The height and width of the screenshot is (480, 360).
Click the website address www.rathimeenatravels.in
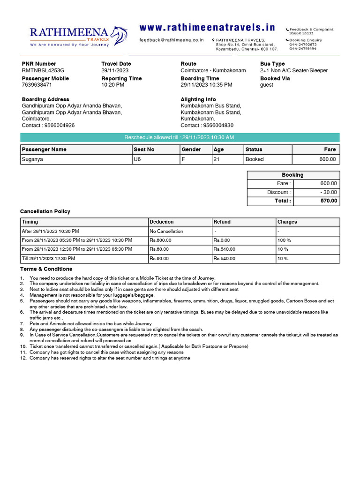[207, 28]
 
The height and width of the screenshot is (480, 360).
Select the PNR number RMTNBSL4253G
[43, 71]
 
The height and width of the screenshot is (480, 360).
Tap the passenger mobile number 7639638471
[37, 85]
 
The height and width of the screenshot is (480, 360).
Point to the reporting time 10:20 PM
[113, 85]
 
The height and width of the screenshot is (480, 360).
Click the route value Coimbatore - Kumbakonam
[213, 71]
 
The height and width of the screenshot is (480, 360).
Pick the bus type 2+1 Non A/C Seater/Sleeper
[294, 71]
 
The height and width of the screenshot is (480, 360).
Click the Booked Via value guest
[267, 85]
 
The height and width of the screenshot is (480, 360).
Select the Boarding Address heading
[45, 99]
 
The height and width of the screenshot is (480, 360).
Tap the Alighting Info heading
[198, 99]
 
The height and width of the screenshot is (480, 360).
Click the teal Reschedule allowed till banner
[180, 137]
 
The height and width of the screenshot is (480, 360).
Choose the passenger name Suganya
[32, 159]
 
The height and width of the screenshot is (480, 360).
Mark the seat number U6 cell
[137, 159]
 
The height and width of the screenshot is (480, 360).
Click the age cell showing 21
[217, 159]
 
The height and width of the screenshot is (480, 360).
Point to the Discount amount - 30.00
[328, 192]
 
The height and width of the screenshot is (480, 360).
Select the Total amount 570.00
[329, 201]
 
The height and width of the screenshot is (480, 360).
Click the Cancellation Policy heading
[45, 211]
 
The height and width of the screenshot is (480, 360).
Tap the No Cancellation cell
[166, 231]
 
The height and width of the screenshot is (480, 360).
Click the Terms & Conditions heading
[46, 269]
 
